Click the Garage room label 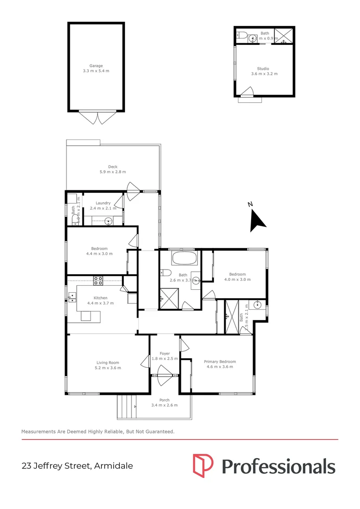point(96,66)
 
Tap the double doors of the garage point(97,117)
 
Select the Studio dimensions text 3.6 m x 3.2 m point(264,74)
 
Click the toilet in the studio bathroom point(241,34)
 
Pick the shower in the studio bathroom point(284,35)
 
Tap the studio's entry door point(247,92)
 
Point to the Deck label point(113,167)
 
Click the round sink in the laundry point(108,220)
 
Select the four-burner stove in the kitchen point(98,280)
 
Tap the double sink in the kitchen point(72,297)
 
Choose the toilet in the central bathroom point(165,272)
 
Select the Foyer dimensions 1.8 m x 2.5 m point(164,359)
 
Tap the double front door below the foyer point(164,376)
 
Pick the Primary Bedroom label point(220,361)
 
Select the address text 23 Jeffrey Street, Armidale point(77,466)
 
